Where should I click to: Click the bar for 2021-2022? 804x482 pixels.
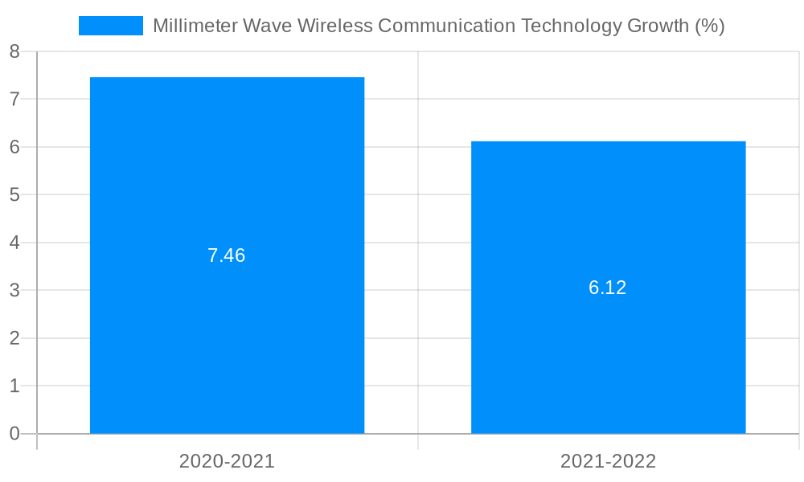click(608, 201)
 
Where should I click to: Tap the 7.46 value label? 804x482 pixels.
click(227, 255)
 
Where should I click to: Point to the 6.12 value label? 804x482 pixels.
click(608, 288)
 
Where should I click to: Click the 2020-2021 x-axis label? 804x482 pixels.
click(227, 461)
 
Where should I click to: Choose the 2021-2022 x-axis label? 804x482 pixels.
click(608, 461)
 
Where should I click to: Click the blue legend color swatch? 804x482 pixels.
click(111, 26)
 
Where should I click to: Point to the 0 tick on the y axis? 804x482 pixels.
click(14, 434)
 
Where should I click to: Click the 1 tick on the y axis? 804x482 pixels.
click(14, 386)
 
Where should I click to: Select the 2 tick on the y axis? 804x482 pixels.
click(14, 338)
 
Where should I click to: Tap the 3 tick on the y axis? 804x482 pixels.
click(14, 291)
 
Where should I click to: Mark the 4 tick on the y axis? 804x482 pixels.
click(14, 243)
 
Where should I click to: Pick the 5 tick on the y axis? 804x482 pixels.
click(14, 195)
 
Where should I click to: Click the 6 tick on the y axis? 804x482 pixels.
click(14, 147)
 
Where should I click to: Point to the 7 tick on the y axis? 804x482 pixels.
click(14, 100)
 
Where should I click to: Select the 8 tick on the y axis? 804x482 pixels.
click(14, 51)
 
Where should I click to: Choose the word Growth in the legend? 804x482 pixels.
click(658, 26)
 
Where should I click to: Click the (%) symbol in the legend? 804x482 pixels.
click(709, 26)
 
